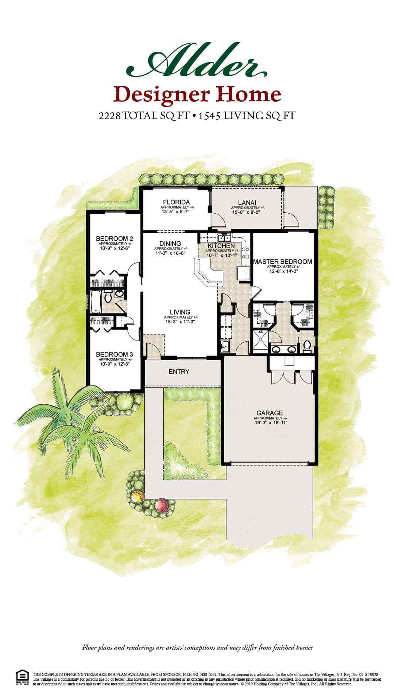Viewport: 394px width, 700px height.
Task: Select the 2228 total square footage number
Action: click(109, 116)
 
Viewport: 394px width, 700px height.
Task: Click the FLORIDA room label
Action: click(176, 202)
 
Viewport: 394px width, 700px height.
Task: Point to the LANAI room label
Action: click(247, 203)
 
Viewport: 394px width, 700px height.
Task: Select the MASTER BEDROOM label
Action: click(283, 261)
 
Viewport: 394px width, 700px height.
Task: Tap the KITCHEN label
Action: click(221, 246)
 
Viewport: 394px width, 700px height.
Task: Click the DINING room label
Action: click(170, 244)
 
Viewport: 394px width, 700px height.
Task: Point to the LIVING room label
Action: click(180, 312)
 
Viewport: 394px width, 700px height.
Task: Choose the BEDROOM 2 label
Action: click(112, 239)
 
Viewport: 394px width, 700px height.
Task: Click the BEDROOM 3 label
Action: click(114, 354)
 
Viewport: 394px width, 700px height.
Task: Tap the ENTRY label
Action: click(179, 372)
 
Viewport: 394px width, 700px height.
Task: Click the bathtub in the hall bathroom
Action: click(95, 301)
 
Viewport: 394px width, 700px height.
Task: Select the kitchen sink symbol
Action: click(224, 238)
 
